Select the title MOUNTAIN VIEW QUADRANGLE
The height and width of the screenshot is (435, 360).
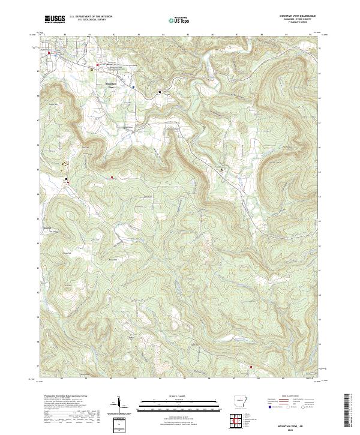click(298, 16)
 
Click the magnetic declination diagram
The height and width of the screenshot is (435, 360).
click(119, 406)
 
